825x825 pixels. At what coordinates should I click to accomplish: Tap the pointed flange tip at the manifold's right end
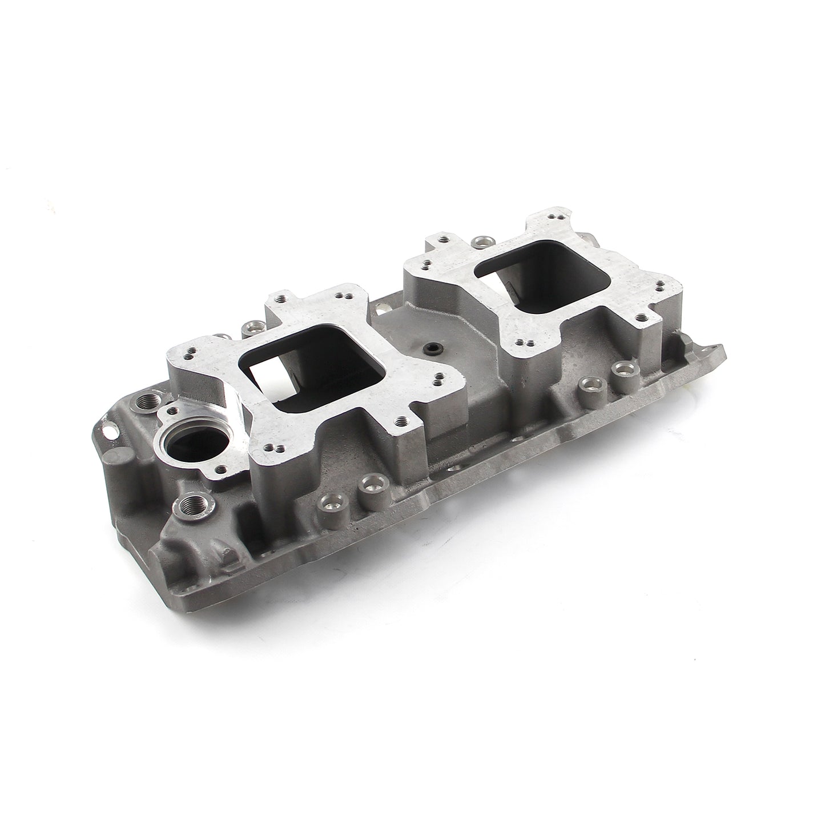coord(721,348)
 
